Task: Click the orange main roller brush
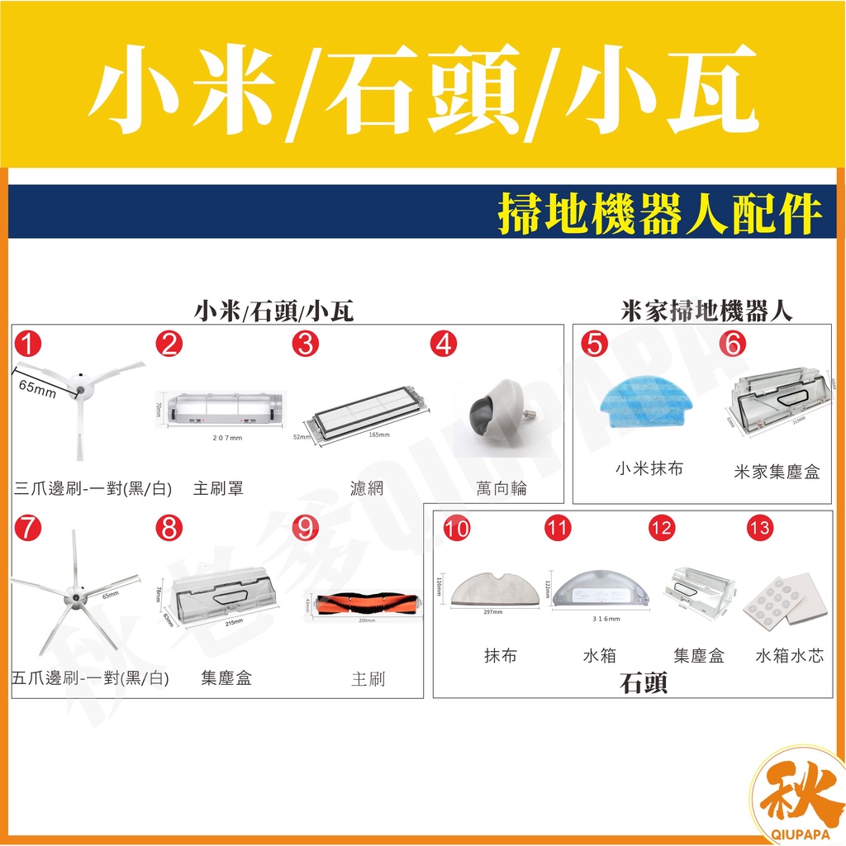[x=364, y=603]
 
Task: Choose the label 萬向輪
[x=501, y=489]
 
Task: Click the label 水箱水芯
[x=789, y=656]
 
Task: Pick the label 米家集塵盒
[x=777, y=473]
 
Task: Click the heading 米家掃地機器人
[x=706, y=311]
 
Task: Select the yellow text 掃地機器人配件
[x=660, y=214]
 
